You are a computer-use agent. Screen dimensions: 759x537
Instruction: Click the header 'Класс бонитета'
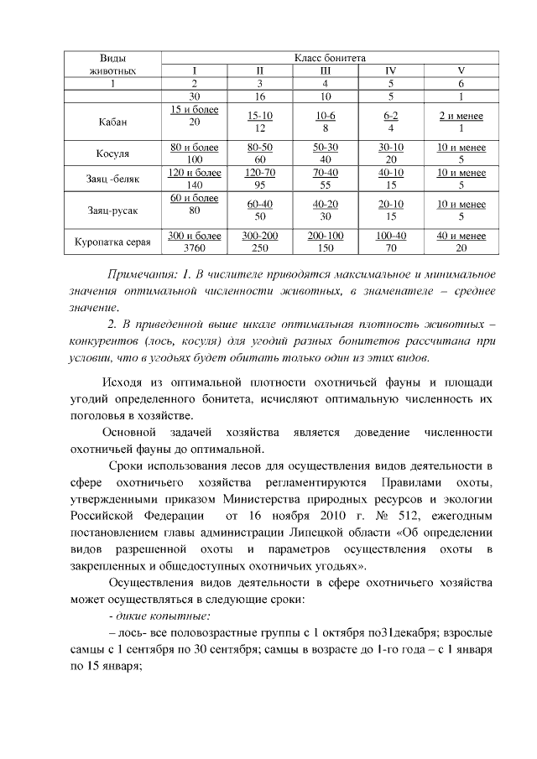[329, 58]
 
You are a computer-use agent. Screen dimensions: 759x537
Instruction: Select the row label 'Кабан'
[112, 122]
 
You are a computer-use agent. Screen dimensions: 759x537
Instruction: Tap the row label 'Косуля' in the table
[112, 153]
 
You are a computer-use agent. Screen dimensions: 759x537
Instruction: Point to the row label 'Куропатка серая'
[112, 242]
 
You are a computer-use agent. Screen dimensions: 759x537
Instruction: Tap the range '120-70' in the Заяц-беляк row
[259, 173]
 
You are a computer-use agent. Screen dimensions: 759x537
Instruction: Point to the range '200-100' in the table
[325, 237]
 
